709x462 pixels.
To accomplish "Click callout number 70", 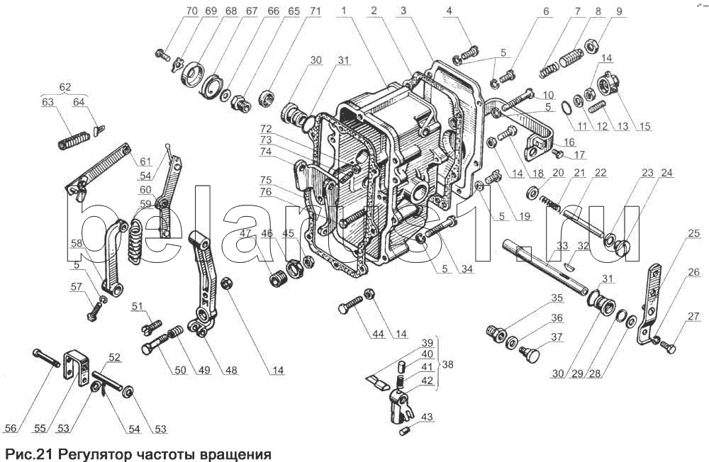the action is click(191, 11).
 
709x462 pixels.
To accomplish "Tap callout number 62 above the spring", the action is click(65, 86).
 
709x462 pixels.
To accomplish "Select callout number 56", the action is click(10, 428).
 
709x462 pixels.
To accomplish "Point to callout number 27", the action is click(693, 317).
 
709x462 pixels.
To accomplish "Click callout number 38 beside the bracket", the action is click(447, 364).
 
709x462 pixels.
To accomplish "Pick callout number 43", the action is click(426, 417).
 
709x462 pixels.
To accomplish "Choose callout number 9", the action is click(618, 11).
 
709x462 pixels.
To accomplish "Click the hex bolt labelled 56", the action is click(46, 358).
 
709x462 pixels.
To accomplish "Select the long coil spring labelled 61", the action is click(98, 169).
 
